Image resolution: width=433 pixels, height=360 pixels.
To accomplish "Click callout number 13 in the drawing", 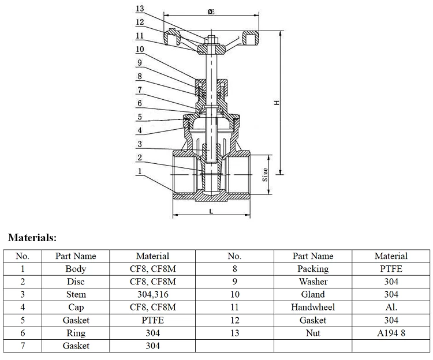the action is tap(140, 9).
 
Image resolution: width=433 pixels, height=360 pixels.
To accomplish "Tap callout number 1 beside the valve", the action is tap(140, 171).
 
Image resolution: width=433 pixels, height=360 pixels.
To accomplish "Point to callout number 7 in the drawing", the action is tap(140, 90).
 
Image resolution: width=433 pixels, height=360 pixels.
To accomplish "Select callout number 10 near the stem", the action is tap(140, 50).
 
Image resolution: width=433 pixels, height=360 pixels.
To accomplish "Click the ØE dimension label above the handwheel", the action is tap(211, 12).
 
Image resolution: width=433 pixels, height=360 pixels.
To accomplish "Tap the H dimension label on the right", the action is tap(277, 103).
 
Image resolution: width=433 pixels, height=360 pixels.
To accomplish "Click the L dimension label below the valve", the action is tap(211, 212).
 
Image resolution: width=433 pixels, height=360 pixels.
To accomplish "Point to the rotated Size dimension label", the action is tap(265, 175).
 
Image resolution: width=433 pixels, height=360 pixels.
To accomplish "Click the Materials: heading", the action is tap(32, 238).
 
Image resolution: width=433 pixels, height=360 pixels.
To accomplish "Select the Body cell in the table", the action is tap(76, 269).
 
